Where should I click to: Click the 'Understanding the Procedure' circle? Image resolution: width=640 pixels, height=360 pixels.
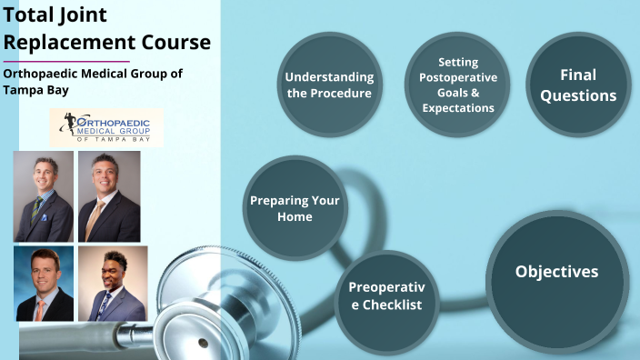coord(328,84)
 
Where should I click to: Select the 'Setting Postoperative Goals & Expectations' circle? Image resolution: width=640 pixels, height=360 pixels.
coord(457,85)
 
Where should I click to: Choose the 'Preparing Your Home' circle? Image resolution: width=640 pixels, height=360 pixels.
coord(294,208)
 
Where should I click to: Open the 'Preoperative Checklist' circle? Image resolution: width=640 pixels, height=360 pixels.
coord(386,295)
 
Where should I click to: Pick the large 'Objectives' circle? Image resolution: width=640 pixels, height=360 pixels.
coord(556,272)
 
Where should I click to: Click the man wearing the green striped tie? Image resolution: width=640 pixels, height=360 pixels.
coord(43,195)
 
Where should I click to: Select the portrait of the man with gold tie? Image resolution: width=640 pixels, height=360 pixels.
coord(109,195)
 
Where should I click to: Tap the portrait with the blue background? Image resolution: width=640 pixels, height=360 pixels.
coord(43,283)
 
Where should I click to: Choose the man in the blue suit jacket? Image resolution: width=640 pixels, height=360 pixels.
coord(113,283)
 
